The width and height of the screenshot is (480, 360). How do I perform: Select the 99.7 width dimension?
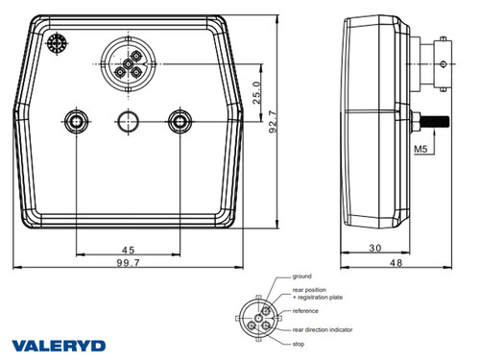127,262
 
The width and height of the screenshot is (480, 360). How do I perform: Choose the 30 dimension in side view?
375,248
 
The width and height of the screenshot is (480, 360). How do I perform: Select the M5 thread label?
420,150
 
